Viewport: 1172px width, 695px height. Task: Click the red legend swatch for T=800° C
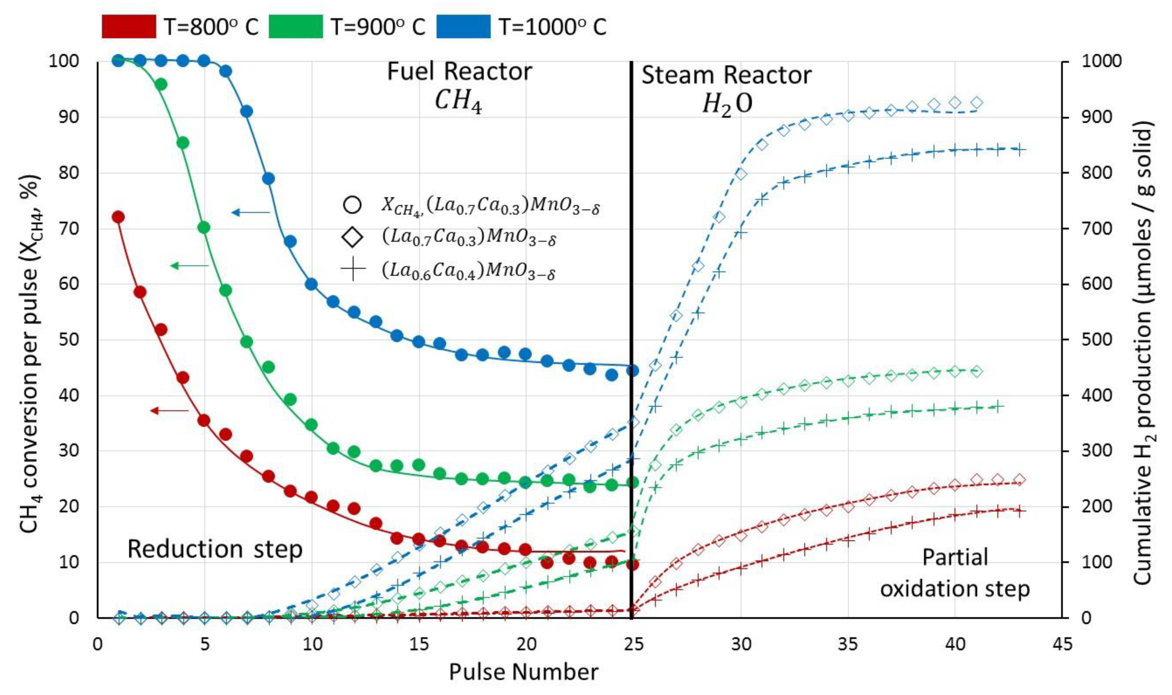point(128,26)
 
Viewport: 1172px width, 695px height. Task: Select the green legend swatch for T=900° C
point(296,26)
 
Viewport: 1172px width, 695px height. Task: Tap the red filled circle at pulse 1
point(118,217)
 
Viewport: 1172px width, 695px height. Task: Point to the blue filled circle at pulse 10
point(311,284)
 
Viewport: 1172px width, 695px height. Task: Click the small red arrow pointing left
point(169,411)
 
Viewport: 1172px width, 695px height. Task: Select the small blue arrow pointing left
point(250,213)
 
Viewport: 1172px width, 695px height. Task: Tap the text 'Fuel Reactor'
point(459,72)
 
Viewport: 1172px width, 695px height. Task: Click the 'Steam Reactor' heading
point(726,75)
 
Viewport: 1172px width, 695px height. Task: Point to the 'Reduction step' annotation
point(215,549)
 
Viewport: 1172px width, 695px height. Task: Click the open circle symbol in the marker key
point(352,205)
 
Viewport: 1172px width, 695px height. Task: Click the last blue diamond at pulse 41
point(977,103)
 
